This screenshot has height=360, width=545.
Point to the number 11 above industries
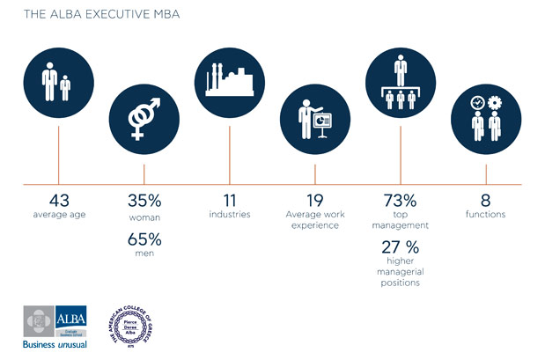227,201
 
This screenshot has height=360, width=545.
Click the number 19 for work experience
313,201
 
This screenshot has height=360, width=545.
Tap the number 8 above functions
486,201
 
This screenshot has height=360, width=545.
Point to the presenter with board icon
313,121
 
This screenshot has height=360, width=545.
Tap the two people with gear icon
486,121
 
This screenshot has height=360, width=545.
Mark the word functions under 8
486,215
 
